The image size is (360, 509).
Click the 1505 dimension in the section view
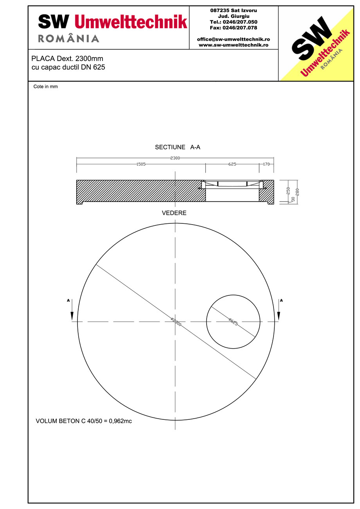pyautogui.click(x=141, y=164)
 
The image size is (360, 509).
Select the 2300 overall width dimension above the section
pyautogui.click(x=175, y=158)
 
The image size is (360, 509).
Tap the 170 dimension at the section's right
pyautogui.click(x=266, y=164)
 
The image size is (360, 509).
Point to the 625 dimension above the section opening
pyautogui.click(x=232, y=164)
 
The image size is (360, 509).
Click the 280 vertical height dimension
pyautogui.click(x=297, y=192)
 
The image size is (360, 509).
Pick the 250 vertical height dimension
pyautogui.click(x=288, y=191)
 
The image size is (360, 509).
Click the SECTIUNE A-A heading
pyautogui.click(x=178, y=147)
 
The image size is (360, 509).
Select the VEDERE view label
pyautogui.click(x=174, y=213)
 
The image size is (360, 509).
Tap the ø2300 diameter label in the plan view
pyautogui.click(x=176, y=322)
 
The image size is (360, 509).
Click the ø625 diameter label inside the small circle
pyautogui.click(x=233, y=322)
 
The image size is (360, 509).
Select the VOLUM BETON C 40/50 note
pyautogui.click(x=84, y=421)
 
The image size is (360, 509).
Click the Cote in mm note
pyautogui.click(x=45, y=87)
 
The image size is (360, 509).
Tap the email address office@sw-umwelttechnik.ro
pyautogui.click(x=233, y=40)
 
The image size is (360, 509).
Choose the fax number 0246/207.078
pyautogui.click(x=234, y=28)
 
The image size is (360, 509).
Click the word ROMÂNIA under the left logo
pyautogui.click(x=68, y=38)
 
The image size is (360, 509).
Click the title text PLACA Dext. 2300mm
pyautogui.click(x=67, y=59)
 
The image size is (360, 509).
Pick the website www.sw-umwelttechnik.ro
pyautogui.click(x=233, y=45)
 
